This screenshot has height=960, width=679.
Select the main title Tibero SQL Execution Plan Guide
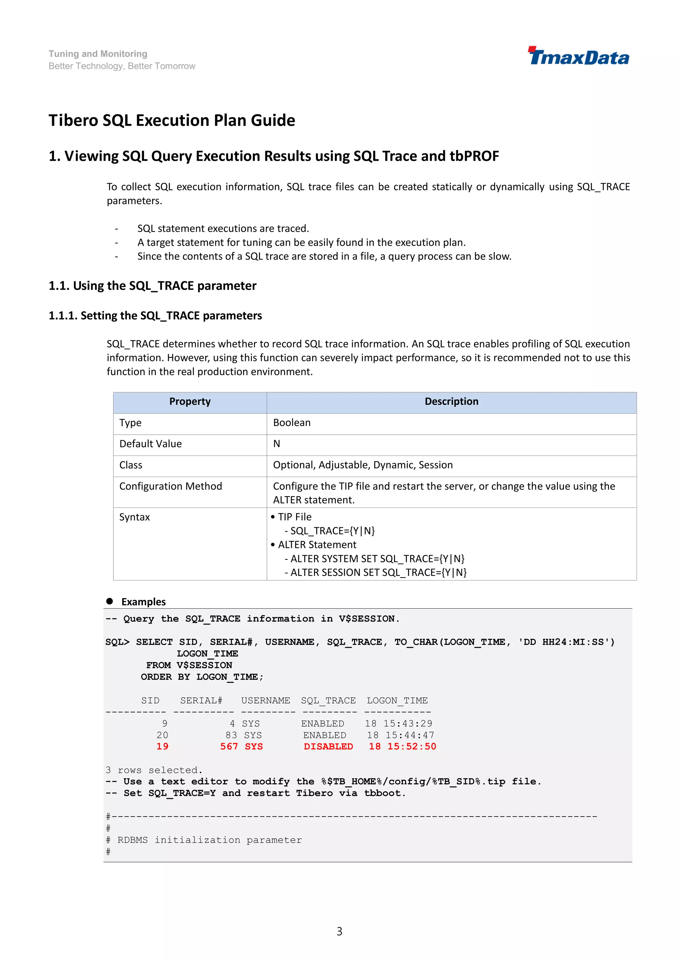(x=172, y=120)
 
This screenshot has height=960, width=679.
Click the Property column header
(x=190, y=401)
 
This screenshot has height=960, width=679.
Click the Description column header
(x=451, y=401)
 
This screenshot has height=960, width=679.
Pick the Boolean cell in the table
(x=292, y=423)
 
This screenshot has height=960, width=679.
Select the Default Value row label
(x=151, y=444)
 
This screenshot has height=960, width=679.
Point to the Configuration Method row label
(x=171, y=486)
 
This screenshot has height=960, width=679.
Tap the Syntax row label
(x=134, y=517)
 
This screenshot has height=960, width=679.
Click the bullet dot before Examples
(x=109, y=601)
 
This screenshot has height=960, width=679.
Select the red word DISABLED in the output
(x=328, y=747)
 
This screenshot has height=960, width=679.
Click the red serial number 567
(x=229, y=747)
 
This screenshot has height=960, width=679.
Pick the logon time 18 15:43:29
(x=399, y=724)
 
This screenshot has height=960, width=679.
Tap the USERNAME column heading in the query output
(x=266, y=701)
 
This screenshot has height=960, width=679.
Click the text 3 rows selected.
(x=154, y=770)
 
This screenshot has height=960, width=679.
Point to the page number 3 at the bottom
(x=339, y=931)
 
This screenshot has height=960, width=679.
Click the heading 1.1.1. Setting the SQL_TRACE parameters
(x=155, y=316)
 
